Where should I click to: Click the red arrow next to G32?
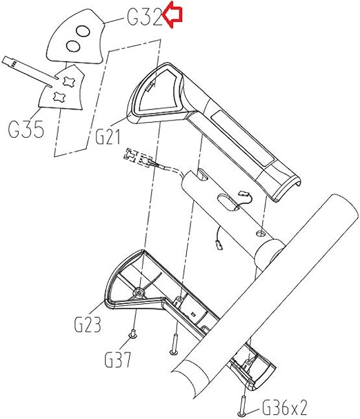coord(172,17)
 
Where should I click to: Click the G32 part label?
coord(145,17)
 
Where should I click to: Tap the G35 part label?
coord(26,130)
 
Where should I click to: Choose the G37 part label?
coord(118,360)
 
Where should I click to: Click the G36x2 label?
coord(284,408)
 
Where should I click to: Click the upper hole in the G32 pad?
coord(83,32)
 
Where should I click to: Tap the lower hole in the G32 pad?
coord(73,46)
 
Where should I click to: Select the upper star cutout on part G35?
coord(68,81)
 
